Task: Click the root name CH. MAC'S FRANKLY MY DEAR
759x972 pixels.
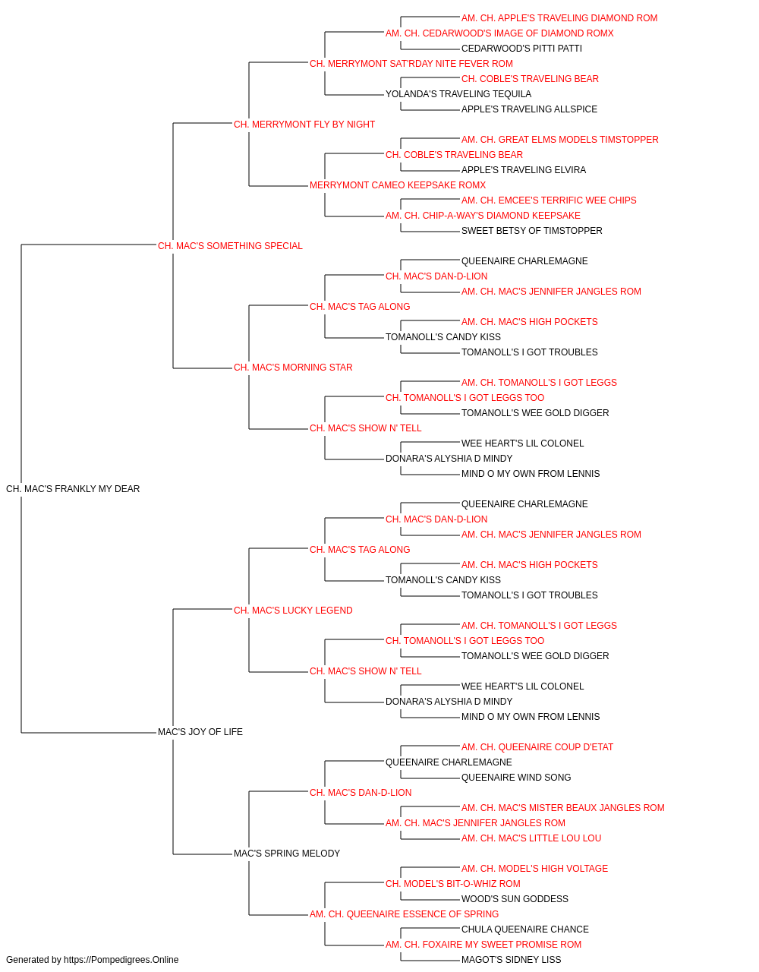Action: [73, 488]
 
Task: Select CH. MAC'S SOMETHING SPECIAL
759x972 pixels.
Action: [230, 245]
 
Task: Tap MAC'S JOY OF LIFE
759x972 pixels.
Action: [200, 732]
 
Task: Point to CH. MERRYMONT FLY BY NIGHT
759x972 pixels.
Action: [304, 125]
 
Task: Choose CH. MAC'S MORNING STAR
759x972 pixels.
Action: [293, 368]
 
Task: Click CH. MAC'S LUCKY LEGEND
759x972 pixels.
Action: [293, 610]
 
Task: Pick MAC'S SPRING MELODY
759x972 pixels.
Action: [287, 853]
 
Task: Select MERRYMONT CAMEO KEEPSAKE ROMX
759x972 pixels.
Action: [398, 185]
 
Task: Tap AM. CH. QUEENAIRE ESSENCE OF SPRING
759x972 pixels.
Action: [404, 914]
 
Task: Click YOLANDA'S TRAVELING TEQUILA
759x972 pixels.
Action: [458, 94]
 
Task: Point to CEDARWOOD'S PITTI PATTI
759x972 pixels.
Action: [521, 49]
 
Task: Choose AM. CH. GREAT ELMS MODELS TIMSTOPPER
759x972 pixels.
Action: [559, 140]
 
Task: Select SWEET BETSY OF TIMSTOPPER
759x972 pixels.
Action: [531, 230]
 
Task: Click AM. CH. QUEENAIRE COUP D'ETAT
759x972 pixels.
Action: [537, 747]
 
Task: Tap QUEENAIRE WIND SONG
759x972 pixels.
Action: [516, 778]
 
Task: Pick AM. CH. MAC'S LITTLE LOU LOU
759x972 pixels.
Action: [531, 838]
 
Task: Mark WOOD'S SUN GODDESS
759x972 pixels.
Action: [515, 898]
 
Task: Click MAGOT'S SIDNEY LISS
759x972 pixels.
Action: [511, 960]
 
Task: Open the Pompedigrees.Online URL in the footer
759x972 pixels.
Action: [121, 960]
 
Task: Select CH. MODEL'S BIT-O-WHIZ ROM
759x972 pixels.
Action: [453, 883]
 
